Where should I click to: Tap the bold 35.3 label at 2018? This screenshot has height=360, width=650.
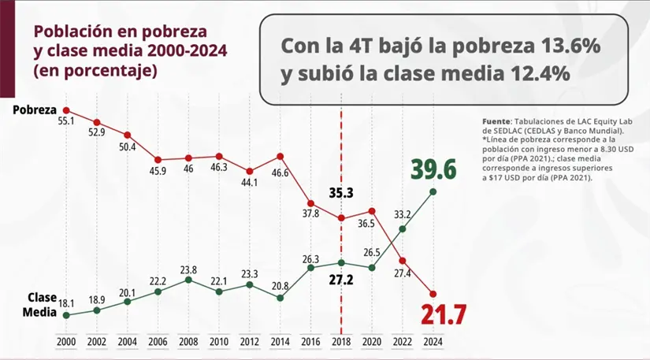click(x=341, y=191)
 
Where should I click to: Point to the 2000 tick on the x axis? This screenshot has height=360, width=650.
click(x=66, y=343)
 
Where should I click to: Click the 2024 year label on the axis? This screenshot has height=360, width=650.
click(x=433, y=343)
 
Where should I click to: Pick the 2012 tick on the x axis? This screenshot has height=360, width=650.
click(x=249, y=343)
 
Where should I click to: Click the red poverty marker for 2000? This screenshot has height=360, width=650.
click(x=66, y=110)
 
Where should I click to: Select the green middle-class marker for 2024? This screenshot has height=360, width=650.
click(x=433, y=191)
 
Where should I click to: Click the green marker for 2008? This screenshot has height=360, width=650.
click(x=188, y=280)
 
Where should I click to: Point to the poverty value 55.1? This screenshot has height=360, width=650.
click(x=65, y=122)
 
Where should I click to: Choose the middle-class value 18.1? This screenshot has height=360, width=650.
click(x=66, y=302)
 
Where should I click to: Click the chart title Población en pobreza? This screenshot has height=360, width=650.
click(x=120, y=32)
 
